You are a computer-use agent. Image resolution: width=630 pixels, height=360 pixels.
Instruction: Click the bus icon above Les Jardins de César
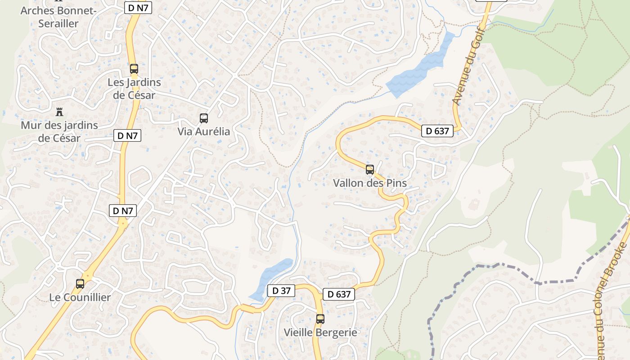point(134,69)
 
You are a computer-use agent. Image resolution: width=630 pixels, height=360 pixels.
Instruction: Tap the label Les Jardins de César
point(134,89)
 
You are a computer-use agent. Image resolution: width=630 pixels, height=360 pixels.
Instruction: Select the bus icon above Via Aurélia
point(204,118)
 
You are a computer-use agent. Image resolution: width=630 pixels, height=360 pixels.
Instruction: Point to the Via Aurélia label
point(204,132)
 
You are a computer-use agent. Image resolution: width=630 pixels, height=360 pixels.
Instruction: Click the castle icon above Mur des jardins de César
point(59,112)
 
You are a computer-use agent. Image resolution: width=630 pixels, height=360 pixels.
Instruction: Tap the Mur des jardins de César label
point(59,131)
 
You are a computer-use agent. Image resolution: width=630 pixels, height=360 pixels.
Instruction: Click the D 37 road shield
point(281,291)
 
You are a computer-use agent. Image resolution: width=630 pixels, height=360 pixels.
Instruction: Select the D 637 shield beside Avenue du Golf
point(437,131)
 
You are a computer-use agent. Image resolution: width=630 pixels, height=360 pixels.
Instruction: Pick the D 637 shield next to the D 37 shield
point(339,294)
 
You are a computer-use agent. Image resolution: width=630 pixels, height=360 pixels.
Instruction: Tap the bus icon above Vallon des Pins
point(370,170)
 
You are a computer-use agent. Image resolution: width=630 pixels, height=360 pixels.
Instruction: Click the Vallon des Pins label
point(370,183)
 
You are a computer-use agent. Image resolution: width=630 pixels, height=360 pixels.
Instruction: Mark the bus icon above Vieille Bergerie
point(320,319)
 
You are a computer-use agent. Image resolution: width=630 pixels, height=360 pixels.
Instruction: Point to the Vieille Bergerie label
point(320,333)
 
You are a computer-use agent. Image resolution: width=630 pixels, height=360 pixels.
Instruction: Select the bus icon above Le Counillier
point(80,284)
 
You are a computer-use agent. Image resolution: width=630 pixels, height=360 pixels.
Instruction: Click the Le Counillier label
point(80,297)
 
